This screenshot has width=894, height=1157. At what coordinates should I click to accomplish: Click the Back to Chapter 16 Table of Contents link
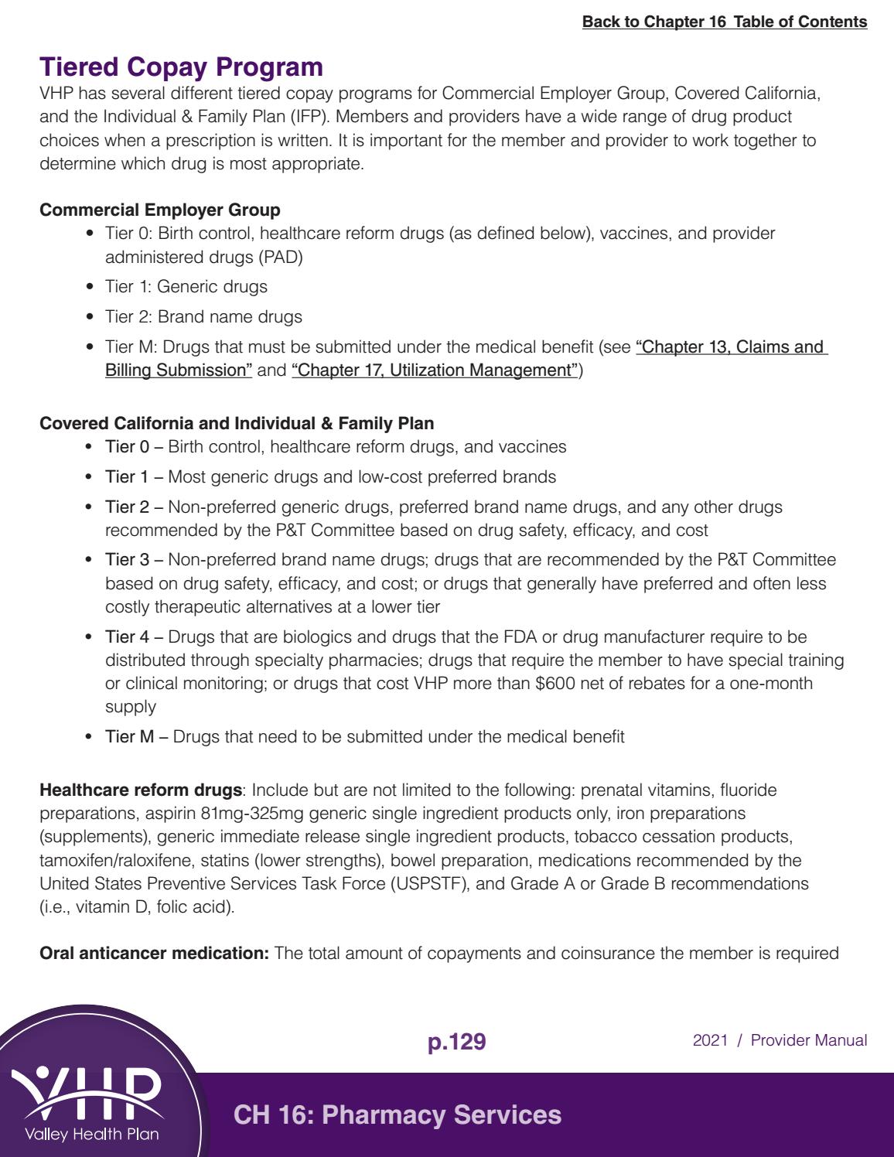pyautogui.click(x=725, y=22)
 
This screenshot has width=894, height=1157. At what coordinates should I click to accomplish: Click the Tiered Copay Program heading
pyautogui.click(x=181, y=67)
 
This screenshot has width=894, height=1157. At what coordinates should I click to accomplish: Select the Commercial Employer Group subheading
pyautogui.click(x=160, y=210)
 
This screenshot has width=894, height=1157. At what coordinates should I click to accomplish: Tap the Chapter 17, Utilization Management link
pyautogui.click(x=435, y=370)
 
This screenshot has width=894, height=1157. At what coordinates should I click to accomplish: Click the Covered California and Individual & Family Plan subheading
pyautogui.click(x=237, y=424)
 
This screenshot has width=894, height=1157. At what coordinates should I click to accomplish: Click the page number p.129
pyautogui.click(x=456, y=1042)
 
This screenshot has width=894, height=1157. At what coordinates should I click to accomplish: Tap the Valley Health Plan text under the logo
pyautogui.click(x=91, y=1135)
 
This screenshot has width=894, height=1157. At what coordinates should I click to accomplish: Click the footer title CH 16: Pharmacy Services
pyautogui.click(x=398, y=1115)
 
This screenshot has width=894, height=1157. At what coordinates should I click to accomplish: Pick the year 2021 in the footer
pyautogui.click(x=710, y=1041)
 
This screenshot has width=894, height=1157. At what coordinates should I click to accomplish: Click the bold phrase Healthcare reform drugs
pyautogui.click(x=141, y=790)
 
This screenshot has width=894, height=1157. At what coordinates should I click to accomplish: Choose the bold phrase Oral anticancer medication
pyautogui.click(x=154, y=954)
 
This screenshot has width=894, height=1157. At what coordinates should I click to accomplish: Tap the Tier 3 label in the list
pyautogui.click(x=127, y=560)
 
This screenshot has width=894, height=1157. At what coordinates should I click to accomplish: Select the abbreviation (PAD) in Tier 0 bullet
pyautogui.click(x=281, y=257)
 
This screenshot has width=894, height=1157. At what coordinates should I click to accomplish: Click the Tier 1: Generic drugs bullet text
pyautogui.click(x=186, y=287)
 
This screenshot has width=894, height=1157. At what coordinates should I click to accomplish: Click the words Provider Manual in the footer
pyautogui.click(x=809, y=1041)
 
